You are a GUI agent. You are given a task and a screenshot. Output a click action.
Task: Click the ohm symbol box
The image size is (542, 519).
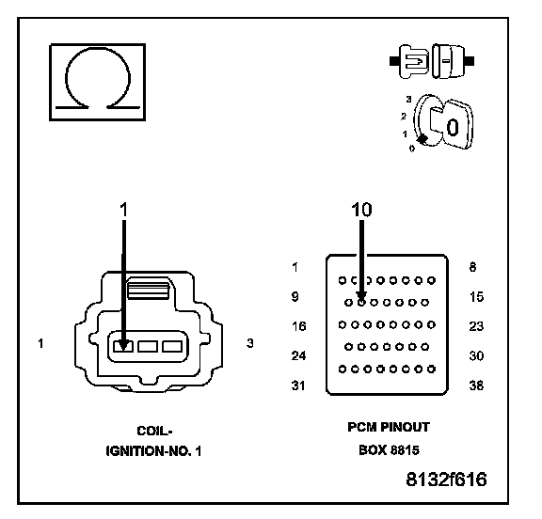coord(98,82)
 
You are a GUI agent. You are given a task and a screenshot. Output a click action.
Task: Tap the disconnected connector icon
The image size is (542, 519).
coord(432,61)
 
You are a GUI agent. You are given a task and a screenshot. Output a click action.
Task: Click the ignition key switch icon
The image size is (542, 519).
coord(439,122)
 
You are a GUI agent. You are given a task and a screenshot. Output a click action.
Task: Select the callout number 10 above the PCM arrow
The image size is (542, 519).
coord(361,210)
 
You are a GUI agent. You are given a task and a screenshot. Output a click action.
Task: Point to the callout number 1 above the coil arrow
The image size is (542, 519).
coord(123,210)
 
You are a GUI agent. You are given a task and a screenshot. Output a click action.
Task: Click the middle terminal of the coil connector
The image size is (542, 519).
coord(148,346)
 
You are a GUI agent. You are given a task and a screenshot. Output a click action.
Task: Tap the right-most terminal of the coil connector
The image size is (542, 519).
coord(172,346)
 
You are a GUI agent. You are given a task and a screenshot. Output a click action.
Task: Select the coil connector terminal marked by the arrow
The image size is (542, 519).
coord(123,346)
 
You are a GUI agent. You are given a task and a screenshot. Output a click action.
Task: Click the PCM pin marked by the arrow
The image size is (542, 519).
coord(361,303)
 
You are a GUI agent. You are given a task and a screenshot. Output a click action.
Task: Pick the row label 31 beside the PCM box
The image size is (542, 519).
coord(298,385)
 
